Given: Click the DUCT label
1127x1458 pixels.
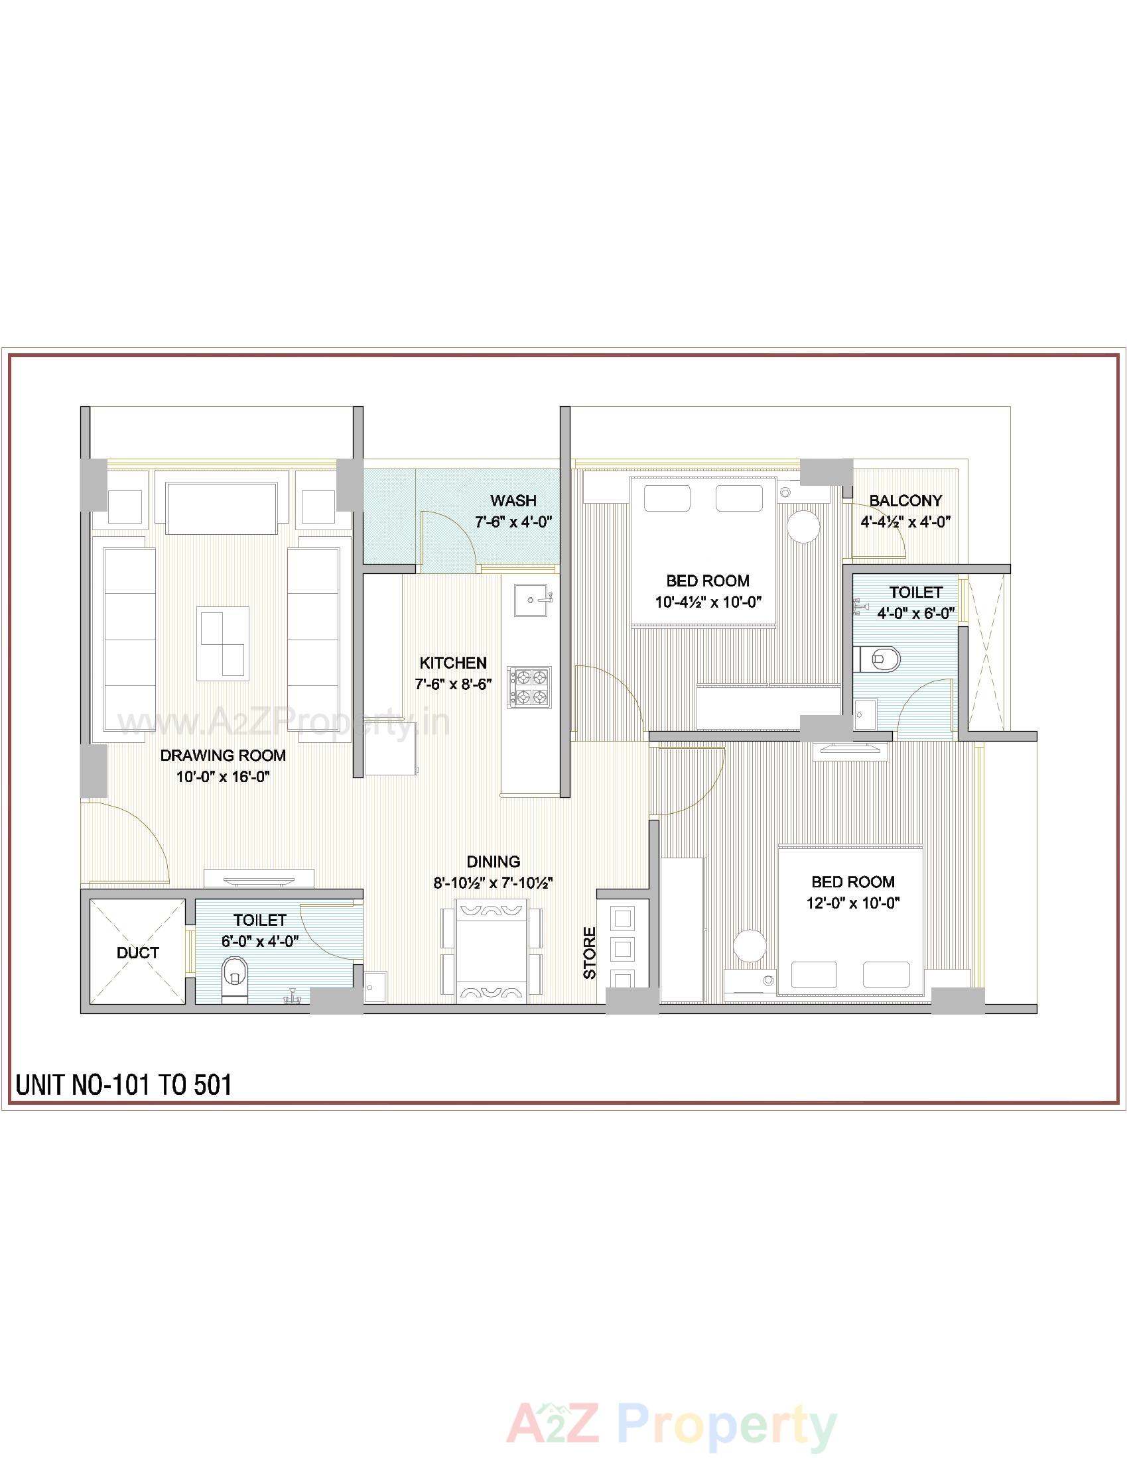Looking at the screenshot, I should [137, 952].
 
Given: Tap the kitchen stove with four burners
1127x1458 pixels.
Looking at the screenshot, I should [529, 688].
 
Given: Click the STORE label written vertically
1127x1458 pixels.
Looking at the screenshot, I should [589, 952].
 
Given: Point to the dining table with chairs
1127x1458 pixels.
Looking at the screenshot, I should [491, 950].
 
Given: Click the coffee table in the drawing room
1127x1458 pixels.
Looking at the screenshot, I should [223, 643].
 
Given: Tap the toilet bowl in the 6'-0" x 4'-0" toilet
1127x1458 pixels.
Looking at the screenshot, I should [233, 976].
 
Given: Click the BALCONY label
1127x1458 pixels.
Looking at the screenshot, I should [905, 500].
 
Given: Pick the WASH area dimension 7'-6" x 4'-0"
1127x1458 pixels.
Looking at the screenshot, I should [513, 522].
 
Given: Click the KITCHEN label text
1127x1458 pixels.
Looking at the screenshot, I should [452, 663].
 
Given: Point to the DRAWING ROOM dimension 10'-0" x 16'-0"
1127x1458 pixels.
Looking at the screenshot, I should [222, 777].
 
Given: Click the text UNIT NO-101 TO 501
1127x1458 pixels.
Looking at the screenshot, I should [124, 1086].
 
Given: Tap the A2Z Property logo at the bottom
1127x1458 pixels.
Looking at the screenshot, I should [671, 1404].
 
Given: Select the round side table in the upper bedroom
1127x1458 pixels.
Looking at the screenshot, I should [803, 527].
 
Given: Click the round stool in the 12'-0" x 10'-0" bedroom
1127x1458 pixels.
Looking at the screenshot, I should [750, 946].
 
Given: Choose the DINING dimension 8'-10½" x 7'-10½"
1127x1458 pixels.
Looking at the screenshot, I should [493, 883].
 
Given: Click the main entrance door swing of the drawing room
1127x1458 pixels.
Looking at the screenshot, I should [127, 842].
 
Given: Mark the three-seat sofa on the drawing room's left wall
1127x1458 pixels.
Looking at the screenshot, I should [129, 641].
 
